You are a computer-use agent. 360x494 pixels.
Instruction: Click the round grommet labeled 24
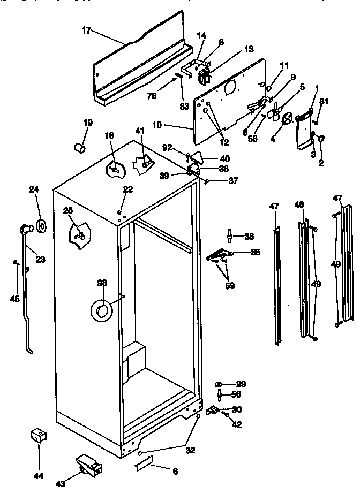[41, 223]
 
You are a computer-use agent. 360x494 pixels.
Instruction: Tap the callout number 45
[15, 299]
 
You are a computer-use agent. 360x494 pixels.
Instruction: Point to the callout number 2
[321, 163]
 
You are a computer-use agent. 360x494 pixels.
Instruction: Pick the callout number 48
[299, 204]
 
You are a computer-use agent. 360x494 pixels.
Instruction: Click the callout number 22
[127, 188]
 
